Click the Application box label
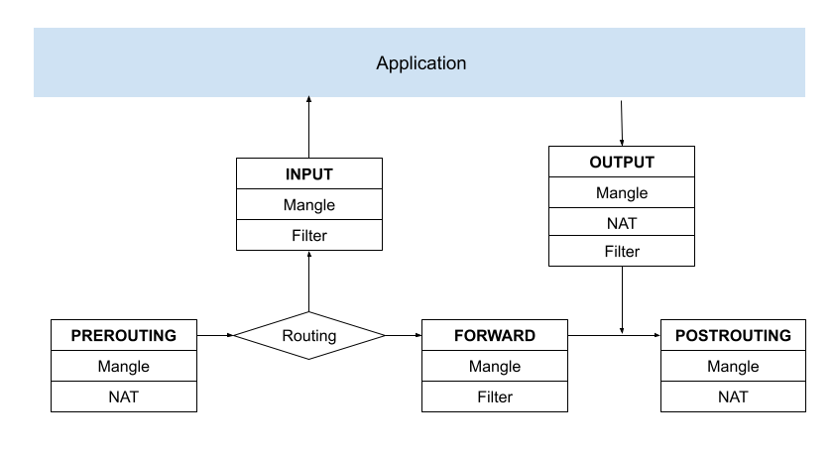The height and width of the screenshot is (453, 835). pos(420,63)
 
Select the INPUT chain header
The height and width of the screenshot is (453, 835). pos(308,174)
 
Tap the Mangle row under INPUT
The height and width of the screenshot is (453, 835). pos(308,205)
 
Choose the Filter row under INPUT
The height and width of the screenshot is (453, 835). pos(308,235)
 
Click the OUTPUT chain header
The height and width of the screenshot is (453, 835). pos(622,163)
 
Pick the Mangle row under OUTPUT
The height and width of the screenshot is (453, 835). pos(622,193)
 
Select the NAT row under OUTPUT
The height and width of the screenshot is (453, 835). pos(622,223)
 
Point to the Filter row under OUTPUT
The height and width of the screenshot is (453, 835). pos(622,252)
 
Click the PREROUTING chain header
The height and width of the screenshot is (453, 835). pos(124,336)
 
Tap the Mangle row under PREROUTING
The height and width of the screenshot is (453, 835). pos(124,367)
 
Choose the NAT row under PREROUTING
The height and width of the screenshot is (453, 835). pos(124,396)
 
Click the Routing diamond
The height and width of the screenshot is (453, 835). pos(308,336)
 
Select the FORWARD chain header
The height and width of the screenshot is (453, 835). pos(495,336)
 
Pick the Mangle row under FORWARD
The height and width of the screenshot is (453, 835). pos(495,367)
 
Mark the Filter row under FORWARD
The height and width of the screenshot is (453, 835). pos(495,396)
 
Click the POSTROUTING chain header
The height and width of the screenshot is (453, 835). pos(733,336)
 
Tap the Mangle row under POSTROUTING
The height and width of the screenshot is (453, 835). pos(733,367)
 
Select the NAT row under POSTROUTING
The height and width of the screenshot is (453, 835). pos(733,396)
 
